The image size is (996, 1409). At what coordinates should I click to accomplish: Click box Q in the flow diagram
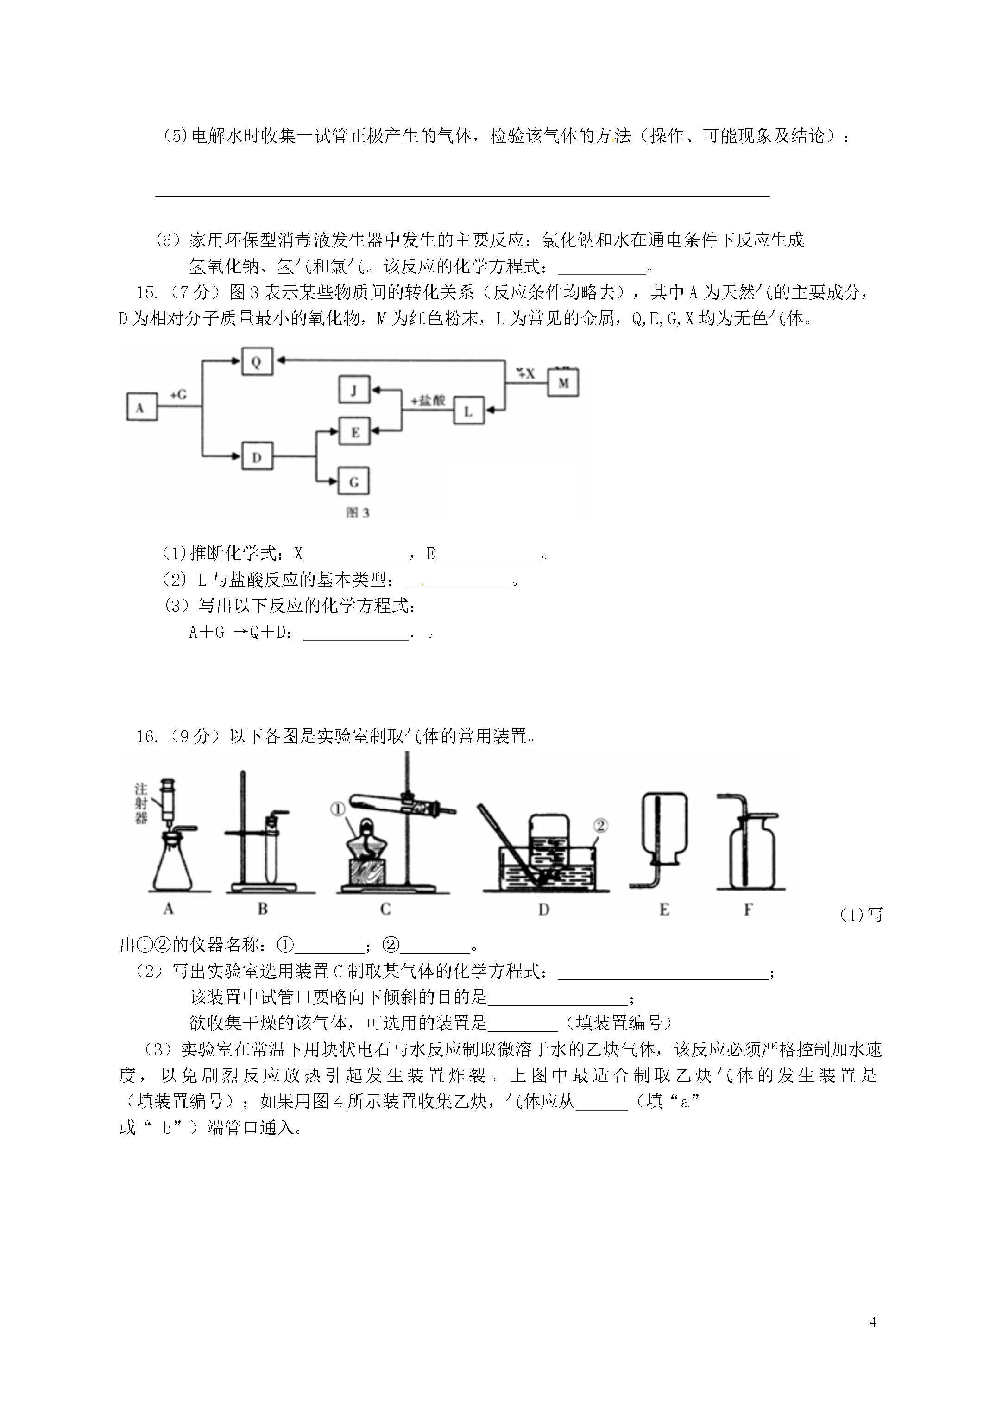[x=257, y=362]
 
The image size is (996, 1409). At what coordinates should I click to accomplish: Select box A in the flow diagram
[x=142, y=407]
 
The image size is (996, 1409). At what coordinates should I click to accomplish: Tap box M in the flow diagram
[x=563, y=382]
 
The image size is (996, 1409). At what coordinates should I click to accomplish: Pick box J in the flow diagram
[x=354, y=390]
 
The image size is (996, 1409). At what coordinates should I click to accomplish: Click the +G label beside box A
[x=178, y=395]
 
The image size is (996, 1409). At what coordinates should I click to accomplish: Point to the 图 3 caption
[x=358, y=512]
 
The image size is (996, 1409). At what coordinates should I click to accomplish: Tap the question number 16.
[x=147, y=736]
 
